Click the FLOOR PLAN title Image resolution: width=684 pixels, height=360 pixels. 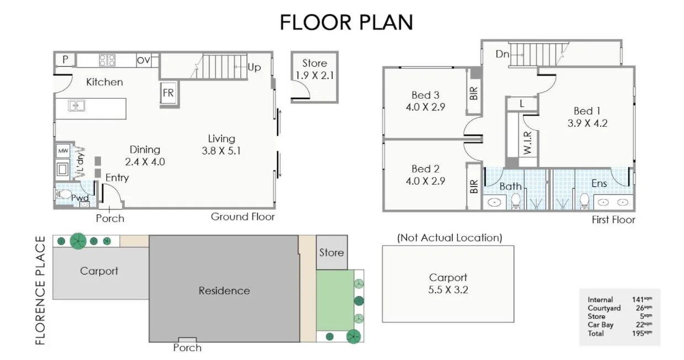pyautogui.click(x=346, y=22)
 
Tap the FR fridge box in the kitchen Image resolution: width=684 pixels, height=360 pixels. pyautogui.click(x=168, y=94)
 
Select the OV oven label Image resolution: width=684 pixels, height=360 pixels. pyautogui.click(x=143, y=60)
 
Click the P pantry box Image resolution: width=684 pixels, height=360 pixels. pyautogui.click(x=65, y=60)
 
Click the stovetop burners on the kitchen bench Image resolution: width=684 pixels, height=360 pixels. pyautogui.click(x=107, y=60)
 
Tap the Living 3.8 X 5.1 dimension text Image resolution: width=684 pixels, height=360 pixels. pyautogui.click(x=221, y=144)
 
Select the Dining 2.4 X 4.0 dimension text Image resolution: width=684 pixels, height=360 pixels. pyautogui.click(x=145, y=155)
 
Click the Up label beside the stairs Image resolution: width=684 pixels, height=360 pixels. pyautogui.click(x=254, y=67)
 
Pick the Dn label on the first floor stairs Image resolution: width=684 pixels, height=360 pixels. pyautogui.click(x=502, y=54)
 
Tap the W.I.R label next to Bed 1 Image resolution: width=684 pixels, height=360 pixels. pyautogui.click(x=527, y=143)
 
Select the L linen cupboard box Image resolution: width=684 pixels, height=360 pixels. pyautogui.click(x=522, y=103)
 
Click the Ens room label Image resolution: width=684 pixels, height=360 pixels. pyautogui.click(x=599, y=184)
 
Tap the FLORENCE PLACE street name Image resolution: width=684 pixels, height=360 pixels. pyautogui.click(x=41, y=290)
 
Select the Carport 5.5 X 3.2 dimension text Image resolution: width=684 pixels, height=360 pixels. pyautogui.click(x=448, y=283)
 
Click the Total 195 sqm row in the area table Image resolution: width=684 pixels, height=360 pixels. pyautogui.click(x=619, y=333)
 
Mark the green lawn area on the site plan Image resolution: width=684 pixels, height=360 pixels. pyautogui.click(x=335, y=300)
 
